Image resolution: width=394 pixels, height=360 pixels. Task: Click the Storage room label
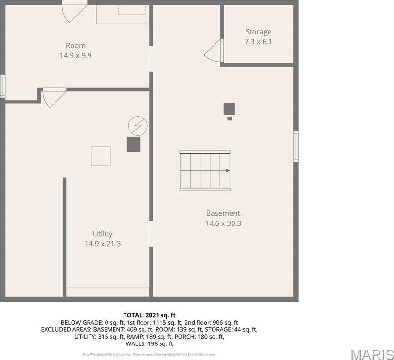(x=258, y=32)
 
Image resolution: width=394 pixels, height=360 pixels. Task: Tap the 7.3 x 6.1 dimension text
(x=258, y=42)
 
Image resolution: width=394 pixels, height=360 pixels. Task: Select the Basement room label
(x=223, y=213)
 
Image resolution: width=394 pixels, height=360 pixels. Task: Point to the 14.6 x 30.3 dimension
(x=223, y=223)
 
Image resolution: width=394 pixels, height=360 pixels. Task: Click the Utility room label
(x=103, y=234)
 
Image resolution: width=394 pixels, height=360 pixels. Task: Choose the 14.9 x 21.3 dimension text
(x=103, y=244)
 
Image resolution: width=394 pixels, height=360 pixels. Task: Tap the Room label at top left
(x=75, y=46)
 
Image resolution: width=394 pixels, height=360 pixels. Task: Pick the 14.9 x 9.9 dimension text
(x=75, y=55)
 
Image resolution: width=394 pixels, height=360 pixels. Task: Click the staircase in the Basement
(x=205, y=170)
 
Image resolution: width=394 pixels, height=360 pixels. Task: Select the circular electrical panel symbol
(x=137, y=126)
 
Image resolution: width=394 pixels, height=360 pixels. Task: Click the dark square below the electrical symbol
(x=133, y=144)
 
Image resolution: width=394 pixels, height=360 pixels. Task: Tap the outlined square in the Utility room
(x=101, y=156)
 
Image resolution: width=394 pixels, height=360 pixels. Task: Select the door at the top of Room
(x=74, y=11)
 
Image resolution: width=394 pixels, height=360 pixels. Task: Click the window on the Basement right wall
(x=296, y=146)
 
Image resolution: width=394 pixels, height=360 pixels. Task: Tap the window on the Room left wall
(x=3, y=86)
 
